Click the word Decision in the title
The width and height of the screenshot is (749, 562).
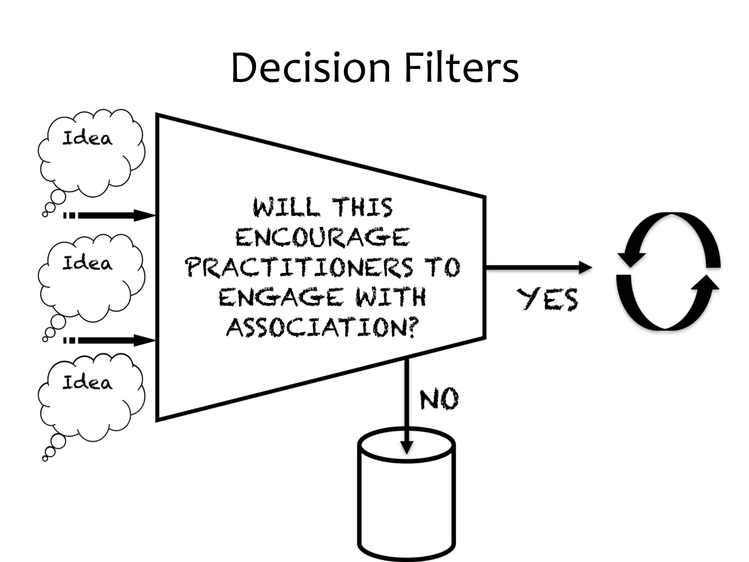[x=311, y=68]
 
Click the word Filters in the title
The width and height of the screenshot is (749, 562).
[x=462, y=68]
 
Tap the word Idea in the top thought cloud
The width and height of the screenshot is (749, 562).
[x=87, y=138]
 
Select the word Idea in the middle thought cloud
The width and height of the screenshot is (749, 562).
[x=87, y=263]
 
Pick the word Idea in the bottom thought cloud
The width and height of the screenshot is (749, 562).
[x=87, y=383]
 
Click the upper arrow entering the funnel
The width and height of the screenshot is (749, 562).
[x=110, y=215]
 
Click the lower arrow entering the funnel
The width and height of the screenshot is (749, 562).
[x=110, y=340]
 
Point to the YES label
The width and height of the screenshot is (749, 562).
[x=547, y=299]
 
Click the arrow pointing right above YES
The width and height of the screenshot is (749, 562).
[x=538, y=267]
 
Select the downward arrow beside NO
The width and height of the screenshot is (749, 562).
[x=406, y=406]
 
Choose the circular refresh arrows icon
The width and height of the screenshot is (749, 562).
[x=669, y=271]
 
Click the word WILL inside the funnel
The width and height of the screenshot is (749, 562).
[x=286, y=207]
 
